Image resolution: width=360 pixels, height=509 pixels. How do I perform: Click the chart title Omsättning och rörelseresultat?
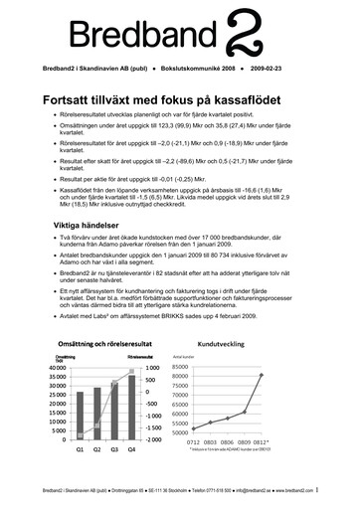[106, 343]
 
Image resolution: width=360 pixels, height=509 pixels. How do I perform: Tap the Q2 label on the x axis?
[98, 450]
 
